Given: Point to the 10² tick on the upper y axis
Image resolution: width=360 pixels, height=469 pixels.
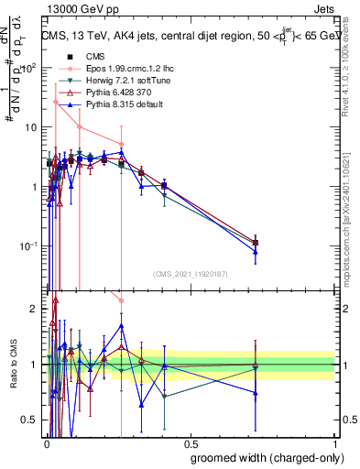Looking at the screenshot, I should (x=33, y=68).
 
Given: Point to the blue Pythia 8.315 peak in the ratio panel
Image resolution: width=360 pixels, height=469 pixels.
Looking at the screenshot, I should (x=121, y=325).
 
